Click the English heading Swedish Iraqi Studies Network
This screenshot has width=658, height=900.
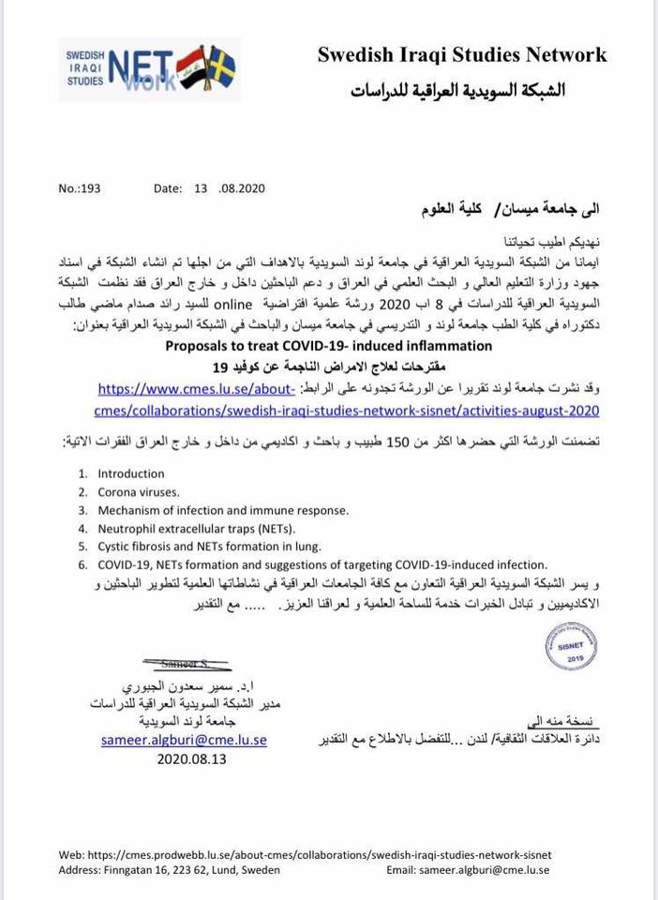(461, 54)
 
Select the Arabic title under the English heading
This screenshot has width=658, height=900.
(458, 91)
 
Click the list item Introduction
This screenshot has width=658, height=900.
(130, 473)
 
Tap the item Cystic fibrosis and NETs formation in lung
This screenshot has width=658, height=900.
(209, 546)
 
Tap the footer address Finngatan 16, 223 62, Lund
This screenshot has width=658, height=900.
(164, 870)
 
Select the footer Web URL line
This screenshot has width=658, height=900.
(305, 855)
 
